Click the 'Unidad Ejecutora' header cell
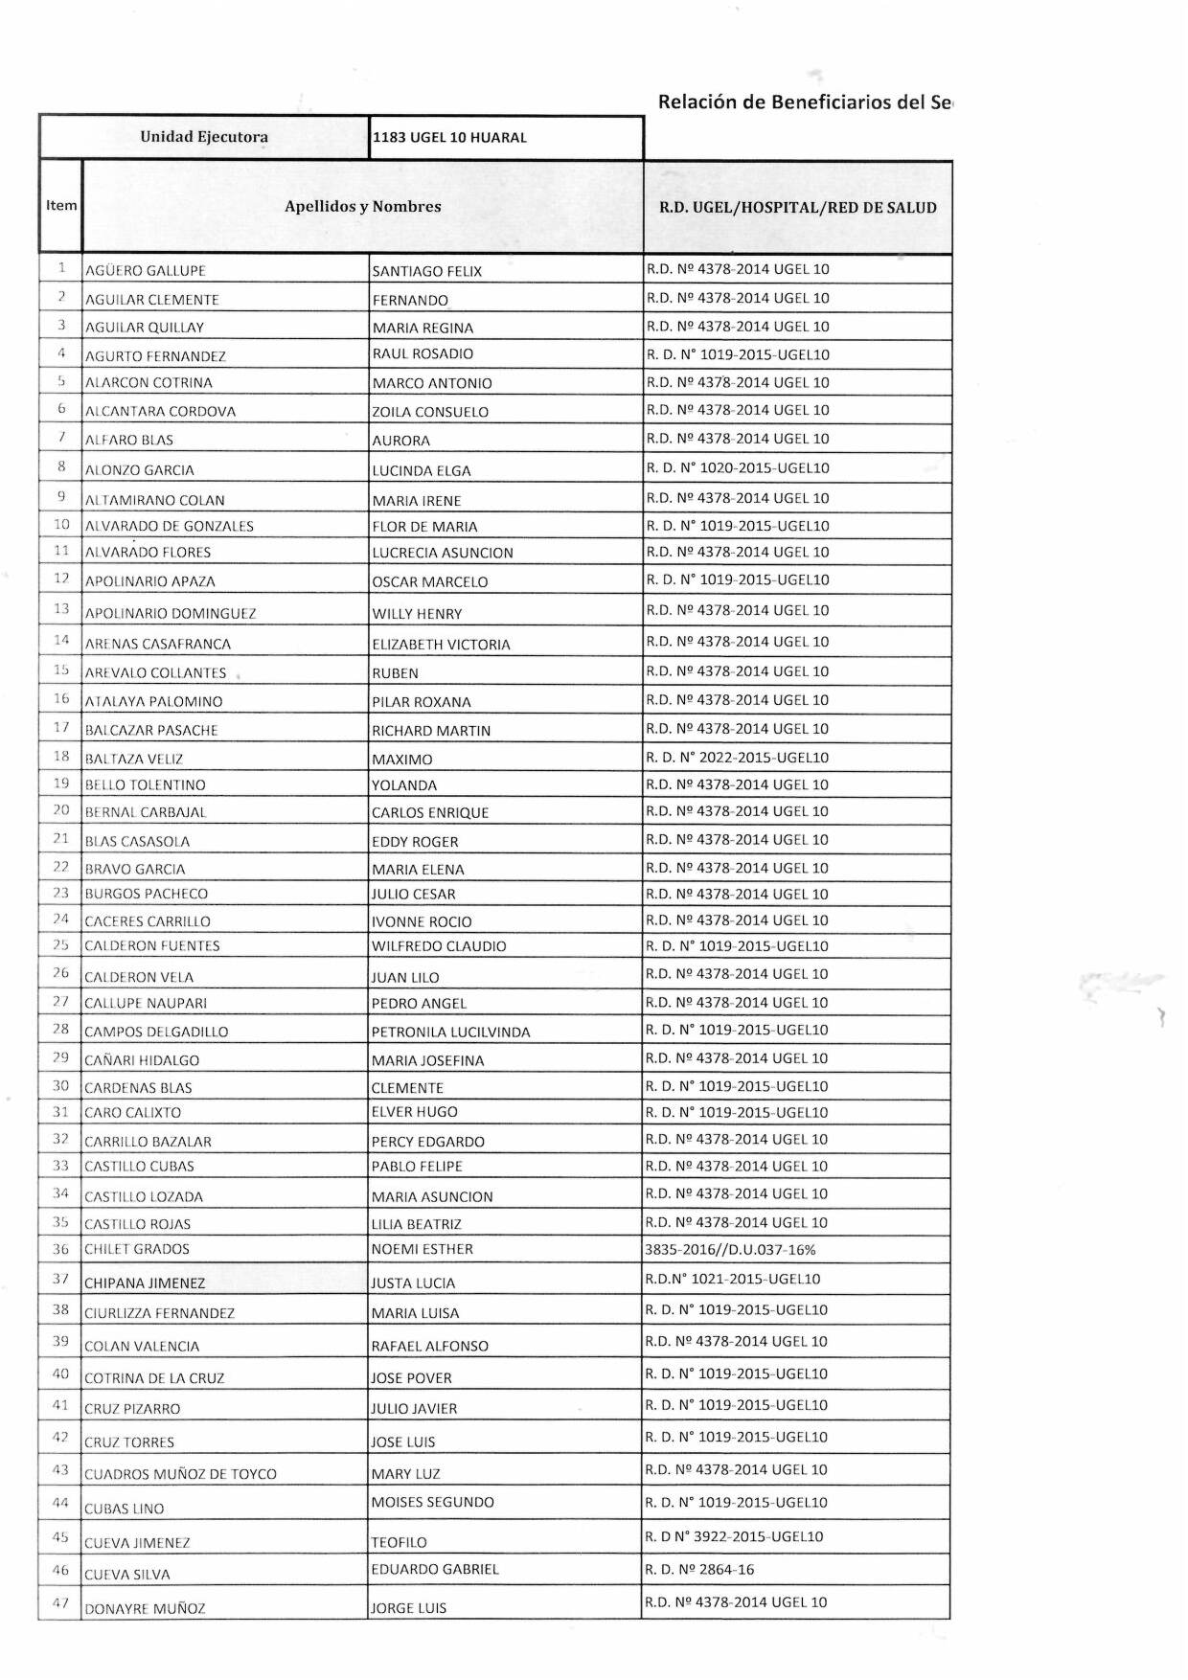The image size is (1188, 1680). click(x=204, y=137)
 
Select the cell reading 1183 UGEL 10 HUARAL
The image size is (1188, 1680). click(x=449, y=138)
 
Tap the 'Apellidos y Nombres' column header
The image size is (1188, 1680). click(x=362, y=206)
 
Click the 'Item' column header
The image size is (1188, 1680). click(x=61, y=205)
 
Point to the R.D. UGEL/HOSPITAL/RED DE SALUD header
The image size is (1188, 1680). click(x=797, y=207)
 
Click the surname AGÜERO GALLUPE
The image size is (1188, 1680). click(x=146, y=271)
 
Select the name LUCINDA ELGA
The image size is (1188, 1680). click(x=422, y=470)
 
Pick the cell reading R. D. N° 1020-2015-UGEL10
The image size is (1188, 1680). click(x=738, y=468)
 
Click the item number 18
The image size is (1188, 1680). click(x=61, y=757)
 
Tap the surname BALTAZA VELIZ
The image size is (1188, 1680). click(x=134, y=759)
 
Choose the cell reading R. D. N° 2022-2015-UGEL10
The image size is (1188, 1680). click(x=738, y=758)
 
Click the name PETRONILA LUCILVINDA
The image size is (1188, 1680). click(x=450, y=1032)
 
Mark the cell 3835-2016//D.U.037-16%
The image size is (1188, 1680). click(x=730, y=1249)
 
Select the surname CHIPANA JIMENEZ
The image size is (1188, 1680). click(x=145, y=1283)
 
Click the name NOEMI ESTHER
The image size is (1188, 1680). click(x=422, y=1249)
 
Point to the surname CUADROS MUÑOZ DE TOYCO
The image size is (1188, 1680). click(x=180, y=1474)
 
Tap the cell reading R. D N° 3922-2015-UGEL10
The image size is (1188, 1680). click(x=735, y=1536)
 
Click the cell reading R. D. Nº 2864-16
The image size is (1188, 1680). click(x=699, y=1569)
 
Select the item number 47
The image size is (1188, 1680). click(x=61, y=1602)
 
